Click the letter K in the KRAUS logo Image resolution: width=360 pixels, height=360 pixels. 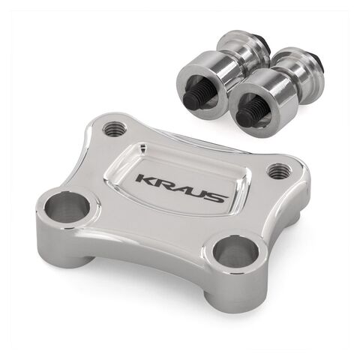click(145, 180)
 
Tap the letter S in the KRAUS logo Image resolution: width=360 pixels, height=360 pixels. click(217, 198)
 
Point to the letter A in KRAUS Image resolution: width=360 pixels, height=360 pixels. click(180, 189)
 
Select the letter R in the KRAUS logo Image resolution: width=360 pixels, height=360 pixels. click(162, 184)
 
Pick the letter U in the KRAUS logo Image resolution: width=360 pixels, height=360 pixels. click(199, 193)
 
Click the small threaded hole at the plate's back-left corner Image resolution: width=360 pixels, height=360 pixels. click(114, 128)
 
